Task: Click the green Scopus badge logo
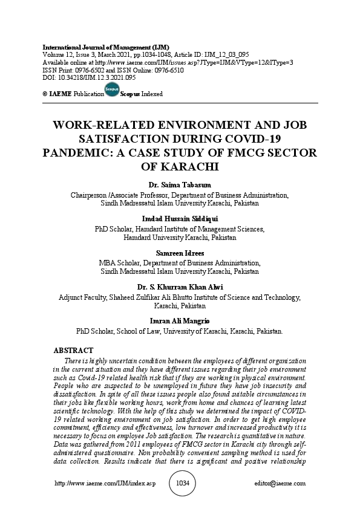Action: point(111,90)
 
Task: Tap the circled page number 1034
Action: point(182,484)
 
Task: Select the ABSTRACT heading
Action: point(73,351)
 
